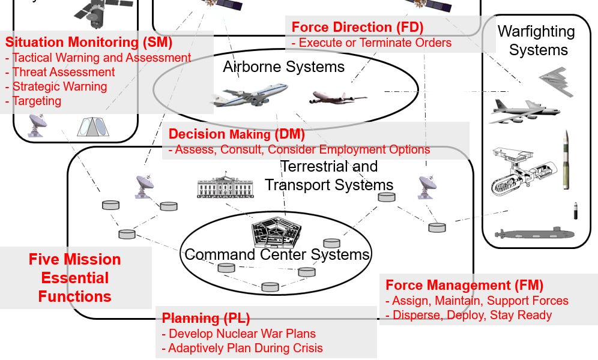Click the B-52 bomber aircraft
pos(523,110)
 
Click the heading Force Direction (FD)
pos(357,27)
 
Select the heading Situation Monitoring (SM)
pos(89,43)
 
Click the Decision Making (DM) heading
pos(237,134)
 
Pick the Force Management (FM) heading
pos(464,285)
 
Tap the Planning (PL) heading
pos(205,318)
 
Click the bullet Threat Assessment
pos(63,72)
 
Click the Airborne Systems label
pos(283,67)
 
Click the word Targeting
pos(37,101)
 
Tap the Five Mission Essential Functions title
pos(75,278)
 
